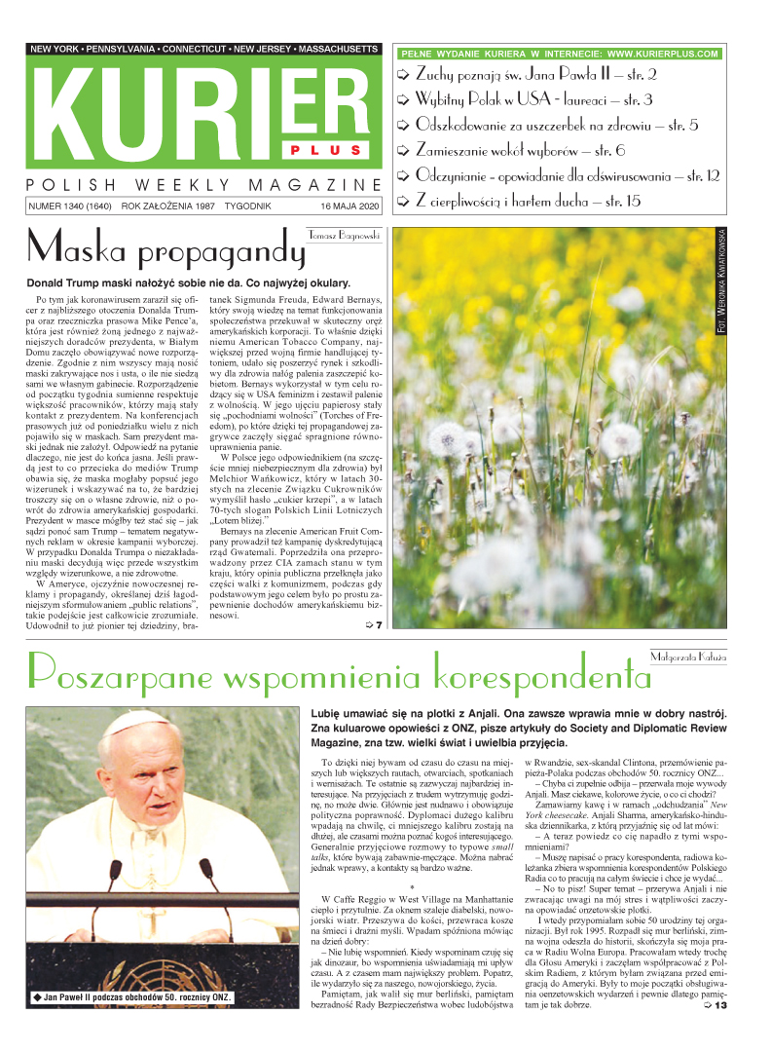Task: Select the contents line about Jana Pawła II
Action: coord(535,74)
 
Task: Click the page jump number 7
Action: coord(379,624)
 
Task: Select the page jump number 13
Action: coord(719,1033)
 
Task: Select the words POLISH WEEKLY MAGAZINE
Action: coord(203,185)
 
